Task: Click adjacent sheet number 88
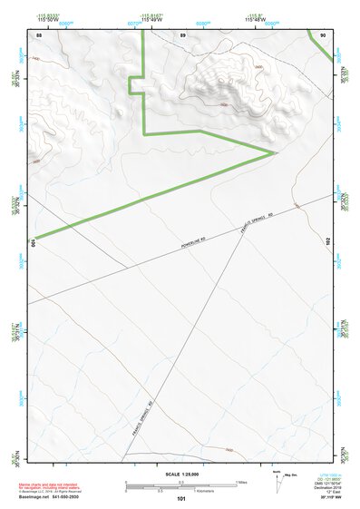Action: click(39, 34)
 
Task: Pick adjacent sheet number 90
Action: click(323, 34)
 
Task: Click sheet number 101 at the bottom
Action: click(181, 498)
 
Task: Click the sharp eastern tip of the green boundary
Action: click(275, 152)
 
